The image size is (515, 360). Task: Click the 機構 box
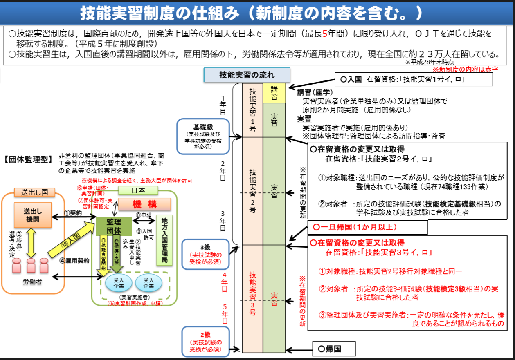(x=144, y=204)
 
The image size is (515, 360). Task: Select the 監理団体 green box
(x=114, y=225)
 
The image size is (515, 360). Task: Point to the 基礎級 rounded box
(x=203, y=133)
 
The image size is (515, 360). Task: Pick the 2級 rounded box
(x=205, y=342)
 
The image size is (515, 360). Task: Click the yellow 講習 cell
(x=274, y=93)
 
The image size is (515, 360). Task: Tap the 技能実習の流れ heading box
(x=247, y=75)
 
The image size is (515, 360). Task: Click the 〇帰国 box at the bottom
(x=334, y=349)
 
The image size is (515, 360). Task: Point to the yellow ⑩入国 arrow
(x=72, y=241)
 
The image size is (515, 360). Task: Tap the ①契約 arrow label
(x=73, y=213)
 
